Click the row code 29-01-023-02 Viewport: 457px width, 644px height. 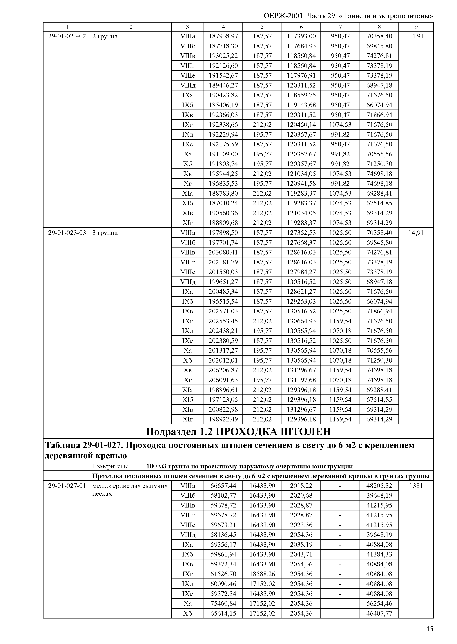(67, 36)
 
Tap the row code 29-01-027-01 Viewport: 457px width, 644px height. (67, 486)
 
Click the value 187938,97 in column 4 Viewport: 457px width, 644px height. (223, 36)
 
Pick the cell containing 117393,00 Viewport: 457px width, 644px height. (301, 36)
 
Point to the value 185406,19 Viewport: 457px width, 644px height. (223, 105)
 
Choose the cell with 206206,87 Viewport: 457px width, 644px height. (223, 370)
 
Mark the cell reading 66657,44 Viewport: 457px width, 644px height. (223, 486)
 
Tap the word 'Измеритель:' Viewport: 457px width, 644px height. (110, 466)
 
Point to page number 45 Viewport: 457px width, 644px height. (429, 629)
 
